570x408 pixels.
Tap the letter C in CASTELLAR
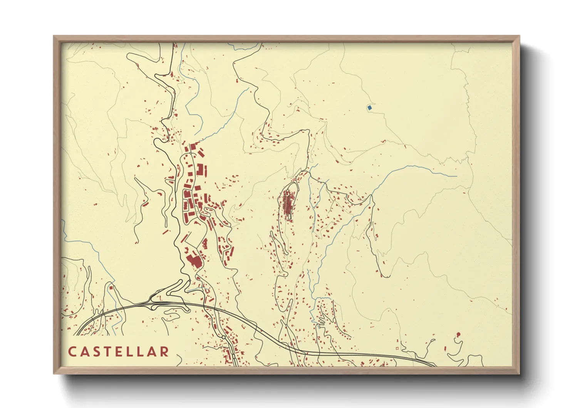[72, 352]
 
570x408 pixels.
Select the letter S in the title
[96, 352]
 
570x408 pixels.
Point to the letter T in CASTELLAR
[107, 352]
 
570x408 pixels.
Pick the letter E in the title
[119, 352]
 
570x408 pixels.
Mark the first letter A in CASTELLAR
[84, 352]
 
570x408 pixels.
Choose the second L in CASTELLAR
[141, 352]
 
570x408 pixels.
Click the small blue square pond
[369, 108]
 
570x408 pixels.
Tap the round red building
[458, 334]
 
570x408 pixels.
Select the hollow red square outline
[397, 349]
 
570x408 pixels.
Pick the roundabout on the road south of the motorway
[223, 337]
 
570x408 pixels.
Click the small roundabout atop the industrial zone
[190, 154]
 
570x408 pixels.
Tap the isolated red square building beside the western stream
[111, 287]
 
